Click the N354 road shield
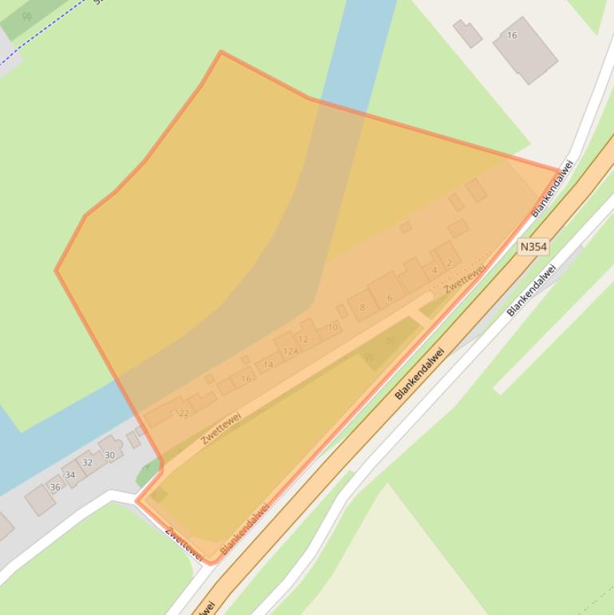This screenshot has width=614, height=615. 533,247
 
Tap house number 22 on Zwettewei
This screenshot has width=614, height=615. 184,412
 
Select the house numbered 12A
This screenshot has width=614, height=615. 291,350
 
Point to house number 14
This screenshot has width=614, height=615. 268,365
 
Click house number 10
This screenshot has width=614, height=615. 332,327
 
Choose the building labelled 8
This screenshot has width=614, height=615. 362,307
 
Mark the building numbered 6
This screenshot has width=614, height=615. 389,297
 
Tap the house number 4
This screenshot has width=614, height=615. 434,270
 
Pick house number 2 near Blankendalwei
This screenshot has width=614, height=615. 450,262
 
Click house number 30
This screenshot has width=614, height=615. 109,454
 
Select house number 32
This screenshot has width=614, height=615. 87,462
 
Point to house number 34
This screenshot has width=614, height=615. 70,474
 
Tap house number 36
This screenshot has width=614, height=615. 55,486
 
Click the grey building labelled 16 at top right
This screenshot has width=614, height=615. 525,49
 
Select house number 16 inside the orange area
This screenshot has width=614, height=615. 246,378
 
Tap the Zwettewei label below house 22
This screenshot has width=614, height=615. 221,427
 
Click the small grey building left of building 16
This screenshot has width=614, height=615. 467,33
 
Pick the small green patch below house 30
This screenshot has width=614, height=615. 148,474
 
